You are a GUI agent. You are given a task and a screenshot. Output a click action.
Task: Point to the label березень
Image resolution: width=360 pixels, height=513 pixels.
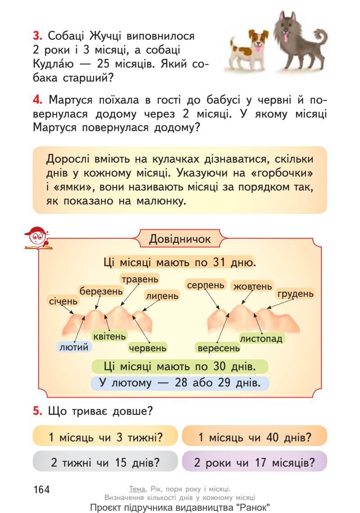click(101, 291)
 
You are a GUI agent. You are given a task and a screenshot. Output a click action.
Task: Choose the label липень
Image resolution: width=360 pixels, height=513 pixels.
click(162, 295)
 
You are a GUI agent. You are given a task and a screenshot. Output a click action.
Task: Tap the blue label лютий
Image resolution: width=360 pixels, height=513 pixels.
click(74, 346)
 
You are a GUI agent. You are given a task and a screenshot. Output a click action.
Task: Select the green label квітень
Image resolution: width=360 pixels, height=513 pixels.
click(109, 336)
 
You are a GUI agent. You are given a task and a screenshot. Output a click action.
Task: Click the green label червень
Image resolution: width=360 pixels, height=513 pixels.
click(148, 348)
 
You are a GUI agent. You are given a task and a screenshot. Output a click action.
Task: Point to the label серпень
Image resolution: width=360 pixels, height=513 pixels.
click(205, 285)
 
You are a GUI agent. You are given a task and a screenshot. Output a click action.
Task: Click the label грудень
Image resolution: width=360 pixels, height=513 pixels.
click(295, 294)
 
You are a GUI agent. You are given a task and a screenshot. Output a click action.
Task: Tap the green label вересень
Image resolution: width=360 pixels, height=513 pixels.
click(218, 348)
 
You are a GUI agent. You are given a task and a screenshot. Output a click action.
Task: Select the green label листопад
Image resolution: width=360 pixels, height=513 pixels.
click(261, 338)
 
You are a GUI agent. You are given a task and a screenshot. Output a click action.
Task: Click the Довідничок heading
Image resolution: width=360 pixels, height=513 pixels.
click(180, 239)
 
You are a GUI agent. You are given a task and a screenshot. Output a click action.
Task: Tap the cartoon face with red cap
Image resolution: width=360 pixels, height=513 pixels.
click(37, 236)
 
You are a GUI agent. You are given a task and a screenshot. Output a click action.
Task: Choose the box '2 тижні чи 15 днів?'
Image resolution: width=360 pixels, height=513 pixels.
click(105, 462)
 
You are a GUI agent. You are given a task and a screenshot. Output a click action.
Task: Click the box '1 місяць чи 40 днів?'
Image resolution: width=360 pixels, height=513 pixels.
click(254, 436)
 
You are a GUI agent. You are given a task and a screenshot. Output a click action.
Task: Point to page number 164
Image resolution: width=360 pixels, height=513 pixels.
click(41, 489)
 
